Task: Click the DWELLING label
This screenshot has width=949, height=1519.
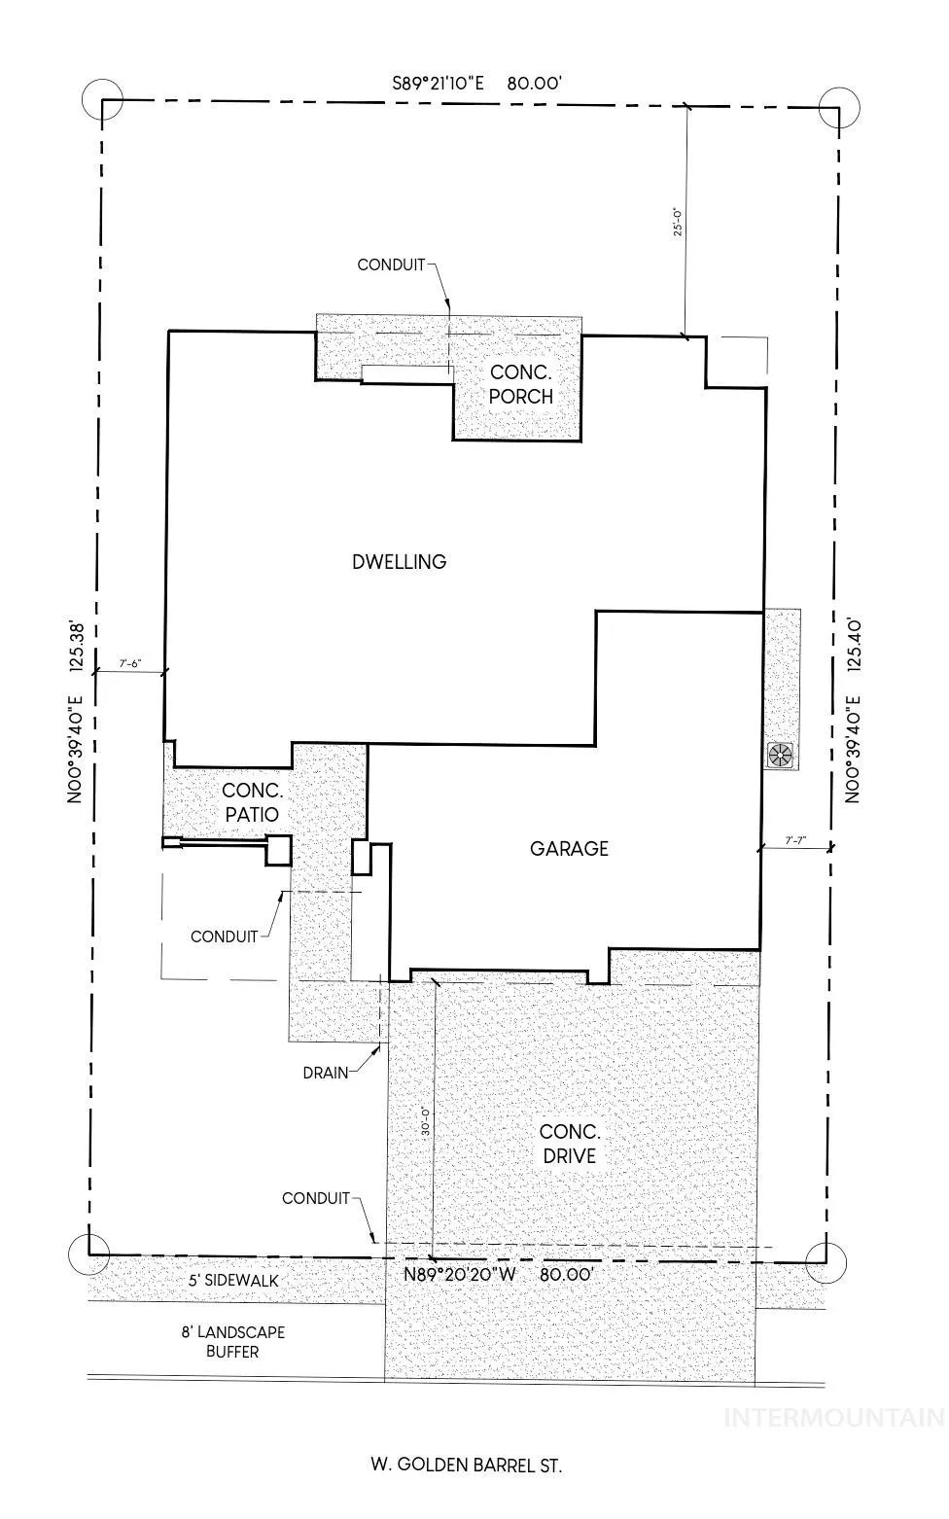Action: (x=400, y=561)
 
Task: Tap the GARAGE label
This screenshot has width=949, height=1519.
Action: (x=569, y=848)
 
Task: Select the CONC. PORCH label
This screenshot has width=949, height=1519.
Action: (x=520, y=384)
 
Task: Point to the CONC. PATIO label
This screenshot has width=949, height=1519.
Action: (x=252, y=802)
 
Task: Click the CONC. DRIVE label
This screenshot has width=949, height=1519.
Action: (x=570, y=1144)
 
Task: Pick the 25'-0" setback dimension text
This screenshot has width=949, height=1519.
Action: (x=677, y=221)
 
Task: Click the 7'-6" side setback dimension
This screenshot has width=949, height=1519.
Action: (x=130, y=664)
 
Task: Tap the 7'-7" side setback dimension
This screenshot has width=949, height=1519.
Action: (x=795, y=840)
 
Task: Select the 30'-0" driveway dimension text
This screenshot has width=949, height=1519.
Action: (x=425, y=1121)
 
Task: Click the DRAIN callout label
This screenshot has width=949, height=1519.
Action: (x=326, y=1073)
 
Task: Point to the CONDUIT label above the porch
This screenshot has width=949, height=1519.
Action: (x=391, y=265)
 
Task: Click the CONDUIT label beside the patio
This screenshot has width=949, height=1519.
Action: (x=224, y=936)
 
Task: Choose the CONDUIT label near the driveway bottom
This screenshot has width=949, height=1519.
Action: (x=316, y=1198)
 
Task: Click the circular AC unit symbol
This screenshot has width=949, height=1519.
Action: (x=781, y=754)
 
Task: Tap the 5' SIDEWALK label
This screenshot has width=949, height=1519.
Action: (x=233, y=1281)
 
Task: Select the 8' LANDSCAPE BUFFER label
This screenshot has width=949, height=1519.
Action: (x=232, y=1342)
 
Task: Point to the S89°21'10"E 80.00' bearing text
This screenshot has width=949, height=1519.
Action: (x=477, y=84)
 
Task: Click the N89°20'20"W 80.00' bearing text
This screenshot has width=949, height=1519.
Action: (x=499, y=1274)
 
